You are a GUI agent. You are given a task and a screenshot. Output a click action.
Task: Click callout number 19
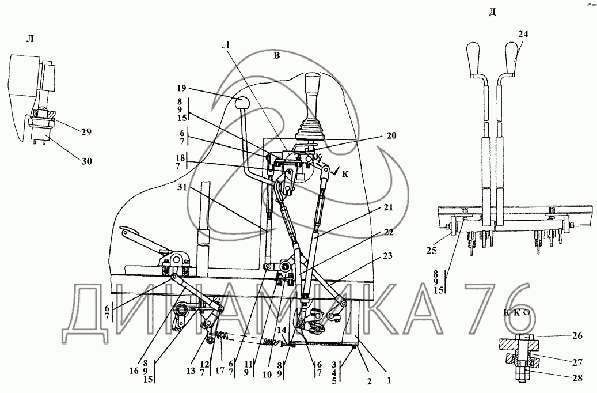pos(181,89)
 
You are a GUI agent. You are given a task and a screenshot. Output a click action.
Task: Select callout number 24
pos(522,34)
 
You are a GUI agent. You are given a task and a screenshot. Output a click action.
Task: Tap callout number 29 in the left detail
pos(86,133)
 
